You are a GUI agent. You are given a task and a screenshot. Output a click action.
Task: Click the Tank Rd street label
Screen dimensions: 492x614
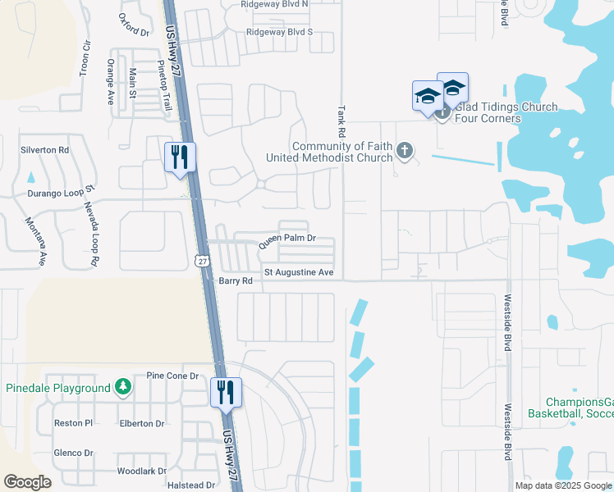pos(340,121)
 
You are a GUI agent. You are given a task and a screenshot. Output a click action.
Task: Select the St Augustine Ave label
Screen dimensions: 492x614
pos(298,272)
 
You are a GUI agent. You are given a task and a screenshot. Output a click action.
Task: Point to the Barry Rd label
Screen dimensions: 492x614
pos(235,280)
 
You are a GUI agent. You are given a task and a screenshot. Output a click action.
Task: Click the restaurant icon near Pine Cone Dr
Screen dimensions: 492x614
pos(226,392)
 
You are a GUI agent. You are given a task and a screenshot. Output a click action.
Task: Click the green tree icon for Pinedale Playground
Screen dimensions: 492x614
pos(122,386)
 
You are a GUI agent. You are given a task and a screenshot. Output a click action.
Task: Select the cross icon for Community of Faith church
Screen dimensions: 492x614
pos(404,151)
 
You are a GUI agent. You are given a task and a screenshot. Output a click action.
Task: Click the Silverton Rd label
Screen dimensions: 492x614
pos(45,150)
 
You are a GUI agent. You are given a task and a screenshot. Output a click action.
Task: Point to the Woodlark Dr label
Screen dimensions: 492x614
pos(141,471)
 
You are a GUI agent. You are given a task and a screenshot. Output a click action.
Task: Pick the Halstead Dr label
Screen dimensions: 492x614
pos(190,485)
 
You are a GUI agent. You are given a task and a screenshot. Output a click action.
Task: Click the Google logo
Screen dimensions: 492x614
pos(27,482)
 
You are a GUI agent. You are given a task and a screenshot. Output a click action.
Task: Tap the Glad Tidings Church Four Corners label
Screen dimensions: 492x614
pos(506,113)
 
